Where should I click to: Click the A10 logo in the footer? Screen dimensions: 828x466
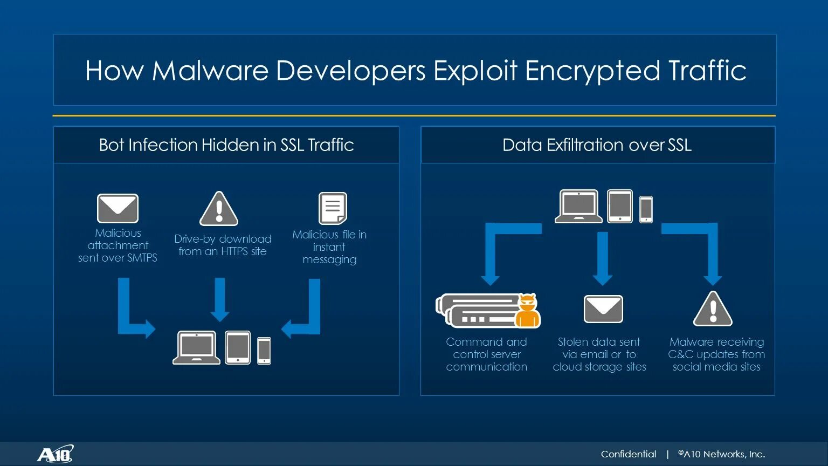pyautogui.click(x=55, y=454)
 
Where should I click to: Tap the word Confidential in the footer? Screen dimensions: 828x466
pyautogui.click(x=629, y=454)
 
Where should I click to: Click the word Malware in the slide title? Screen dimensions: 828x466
pyautogui.click(x=210, y=71)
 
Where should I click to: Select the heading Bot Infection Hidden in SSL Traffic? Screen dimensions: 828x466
pyautogui.click(x=226, y=145)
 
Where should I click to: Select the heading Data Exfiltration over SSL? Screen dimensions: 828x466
pyautogui.click(x=597, y=145)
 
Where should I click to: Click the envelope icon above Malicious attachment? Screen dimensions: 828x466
pyautogui.click(x=118, y=208)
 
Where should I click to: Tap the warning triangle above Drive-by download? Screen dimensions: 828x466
pyautogui.click(x=219, y=209)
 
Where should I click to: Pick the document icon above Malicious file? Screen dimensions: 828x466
pyautogui.click(x=333, y=208)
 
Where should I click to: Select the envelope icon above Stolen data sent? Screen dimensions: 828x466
pyautogui.click(x=603, y=309)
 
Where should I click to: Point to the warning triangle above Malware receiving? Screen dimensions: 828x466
pyautogui.click(x=713, y=309)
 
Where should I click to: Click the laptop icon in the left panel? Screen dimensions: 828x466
pyautogui.click(x=196, y=348)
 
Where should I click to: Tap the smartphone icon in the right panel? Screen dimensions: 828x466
pyautogui.click(x=646, y=209)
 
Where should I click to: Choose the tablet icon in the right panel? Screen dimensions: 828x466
pyautogui.click(x=620, y=206)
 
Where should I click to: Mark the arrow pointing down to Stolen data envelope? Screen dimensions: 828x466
pyautogui.click(x=603, y=258)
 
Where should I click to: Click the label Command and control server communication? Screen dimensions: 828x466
pyautogui.click(x=487, y=354)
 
